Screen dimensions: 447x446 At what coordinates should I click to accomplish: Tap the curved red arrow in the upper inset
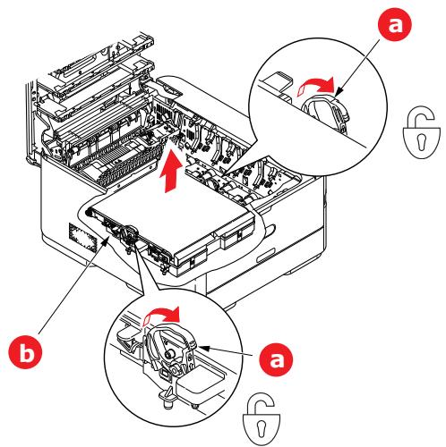coord(319,88)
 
